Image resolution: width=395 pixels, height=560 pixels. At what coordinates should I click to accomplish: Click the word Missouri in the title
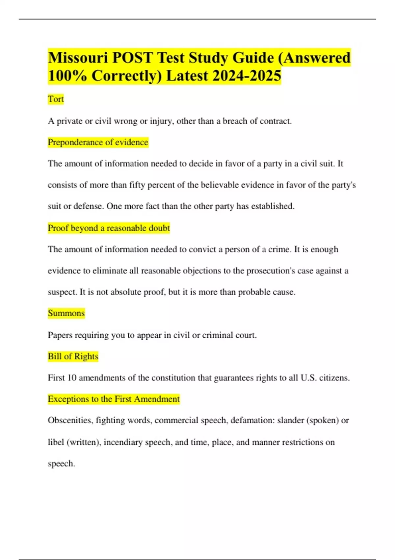coord(78,58)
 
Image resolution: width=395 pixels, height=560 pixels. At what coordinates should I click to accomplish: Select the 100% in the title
coord(67,76)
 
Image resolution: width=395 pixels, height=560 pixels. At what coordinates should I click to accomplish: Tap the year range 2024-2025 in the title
coord(247,76)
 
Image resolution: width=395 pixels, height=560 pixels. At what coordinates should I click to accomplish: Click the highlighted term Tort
coord(56,99)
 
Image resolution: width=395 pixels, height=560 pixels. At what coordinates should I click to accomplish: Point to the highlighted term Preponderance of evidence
coord(98,142)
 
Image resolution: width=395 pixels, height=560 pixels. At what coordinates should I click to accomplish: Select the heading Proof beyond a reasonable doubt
coord(109,228)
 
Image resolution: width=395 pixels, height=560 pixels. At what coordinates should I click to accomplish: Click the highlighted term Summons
coord(66,313)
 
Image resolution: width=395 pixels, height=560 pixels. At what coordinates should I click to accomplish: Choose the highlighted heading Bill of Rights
coord(73,356)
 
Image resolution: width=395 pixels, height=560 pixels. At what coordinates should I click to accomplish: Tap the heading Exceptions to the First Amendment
coord(114,399)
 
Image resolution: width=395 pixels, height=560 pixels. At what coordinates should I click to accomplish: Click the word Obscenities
coord(70,420)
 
